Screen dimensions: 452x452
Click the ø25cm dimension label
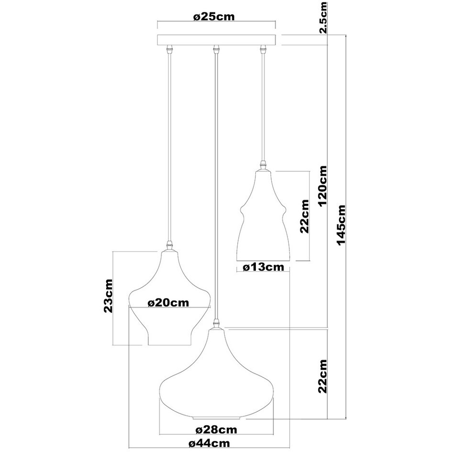(214, 17)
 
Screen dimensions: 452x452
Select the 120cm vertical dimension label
(323, 186)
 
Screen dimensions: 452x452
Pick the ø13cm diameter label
(263, 267)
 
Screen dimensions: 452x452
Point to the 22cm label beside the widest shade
(323, 376)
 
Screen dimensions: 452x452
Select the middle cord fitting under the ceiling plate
(216, 49)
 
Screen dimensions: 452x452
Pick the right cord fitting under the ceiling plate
(262, 49)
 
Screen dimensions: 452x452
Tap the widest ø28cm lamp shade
(217, 383)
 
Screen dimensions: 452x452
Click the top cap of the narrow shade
(263, 166)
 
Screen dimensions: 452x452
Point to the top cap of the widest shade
(217, 324)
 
